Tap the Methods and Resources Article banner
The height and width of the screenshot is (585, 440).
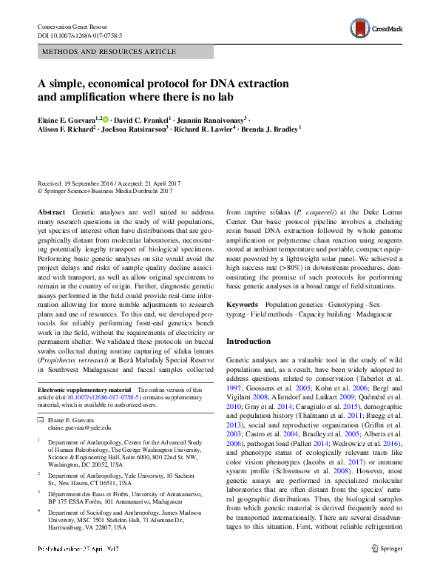coord(109,52)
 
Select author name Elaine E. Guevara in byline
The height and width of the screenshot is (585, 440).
coord(70,119)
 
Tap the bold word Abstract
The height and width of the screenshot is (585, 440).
coord(50,212)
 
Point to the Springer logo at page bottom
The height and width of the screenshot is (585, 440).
coord(387,569)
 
